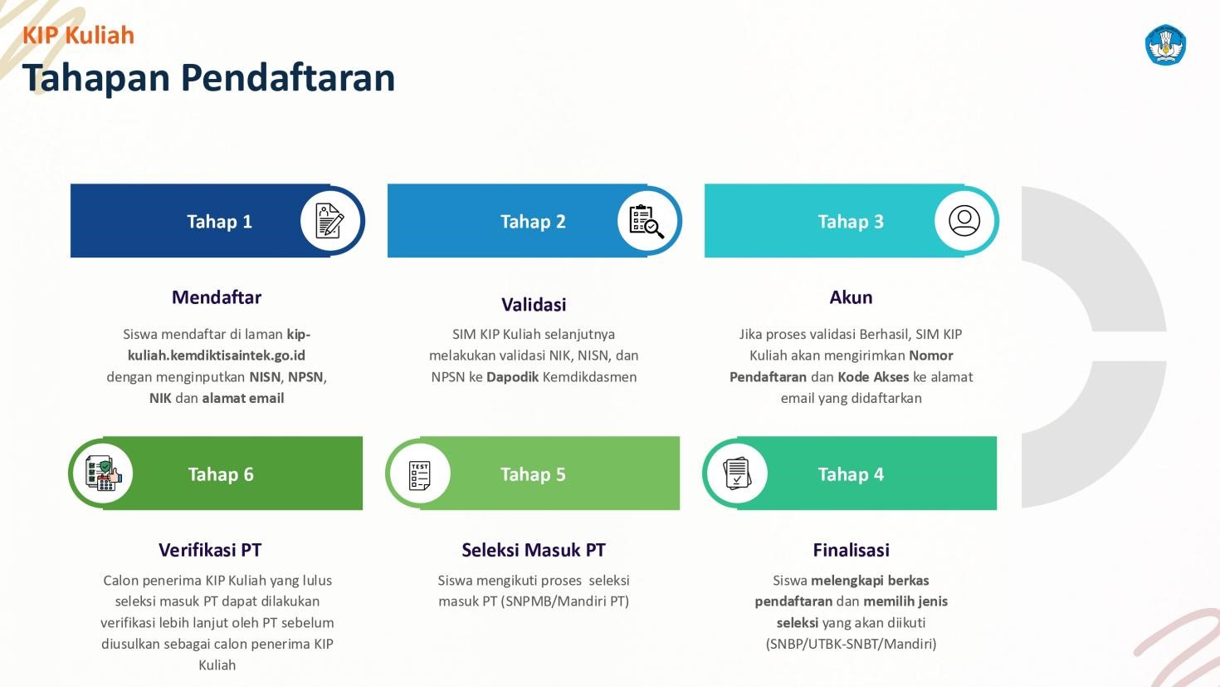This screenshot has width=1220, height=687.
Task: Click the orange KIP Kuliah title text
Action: [78, 36]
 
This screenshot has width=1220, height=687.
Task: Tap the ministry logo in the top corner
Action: [1165, 45]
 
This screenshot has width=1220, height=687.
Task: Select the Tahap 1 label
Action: [219, 221]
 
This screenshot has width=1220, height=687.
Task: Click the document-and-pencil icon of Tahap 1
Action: [330, 220]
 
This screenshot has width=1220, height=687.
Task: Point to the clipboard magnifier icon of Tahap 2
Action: [647, 221]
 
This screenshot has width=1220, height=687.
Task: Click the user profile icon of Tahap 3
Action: [964, 220]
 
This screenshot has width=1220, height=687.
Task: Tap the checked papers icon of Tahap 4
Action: [737, 474]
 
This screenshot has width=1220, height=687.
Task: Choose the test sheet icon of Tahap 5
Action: [419, 475]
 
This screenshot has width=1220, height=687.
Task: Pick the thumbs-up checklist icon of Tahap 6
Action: [104, 473]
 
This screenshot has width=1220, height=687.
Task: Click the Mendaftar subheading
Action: [217, 297]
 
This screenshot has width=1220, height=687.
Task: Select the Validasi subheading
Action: [534, 304]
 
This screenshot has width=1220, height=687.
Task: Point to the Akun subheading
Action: [851, 297]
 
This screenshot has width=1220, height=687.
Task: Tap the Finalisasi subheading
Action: [851, 550]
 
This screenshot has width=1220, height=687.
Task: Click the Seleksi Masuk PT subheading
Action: [534, 550]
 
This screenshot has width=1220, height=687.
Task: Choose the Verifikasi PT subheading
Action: [210, 550]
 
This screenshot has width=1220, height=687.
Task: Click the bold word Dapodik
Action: [512, 377]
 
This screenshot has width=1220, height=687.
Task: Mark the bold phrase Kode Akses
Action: [873, 377]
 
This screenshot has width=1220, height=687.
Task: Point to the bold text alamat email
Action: [243, 398]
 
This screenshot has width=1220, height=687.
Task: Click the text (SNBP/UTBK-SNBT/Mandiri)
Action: [851, 644]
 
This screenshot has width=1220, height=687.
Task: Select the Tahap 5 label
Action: [533, 474]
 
